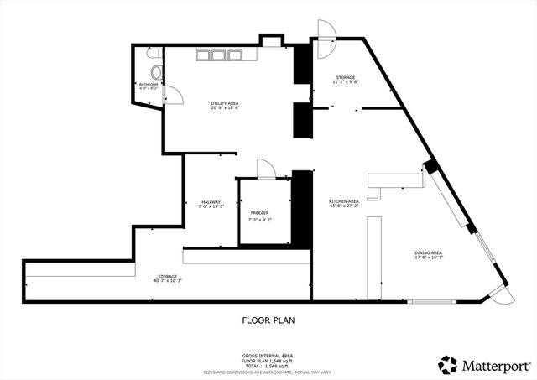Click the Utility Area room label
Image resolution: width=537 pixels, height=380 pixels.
(224, 102)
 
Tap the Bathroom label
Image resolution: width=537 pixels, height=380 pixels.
(149, 84)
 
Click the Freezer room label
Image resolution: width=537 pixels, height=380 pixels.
(259, 213)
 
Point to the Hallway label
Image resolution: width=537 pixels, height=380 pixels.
(211, 201)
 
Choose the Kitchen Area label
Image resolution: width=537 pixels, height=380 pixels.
(344, 200)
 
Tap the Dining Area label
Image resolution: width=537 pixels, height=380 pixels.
(428, 252)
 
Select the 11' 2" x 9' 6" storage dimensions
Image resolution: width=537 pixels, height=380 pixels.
(346, 82)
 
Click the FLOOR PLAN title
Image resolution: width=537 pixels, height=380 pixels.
(268, 320)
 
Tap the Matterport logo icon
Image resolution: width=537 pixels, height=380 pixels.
(448, 365)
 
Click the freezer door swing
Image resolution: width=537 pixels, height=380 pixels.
(266, 169)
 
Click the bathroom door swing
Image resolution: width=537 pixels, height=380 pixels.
(169, 95)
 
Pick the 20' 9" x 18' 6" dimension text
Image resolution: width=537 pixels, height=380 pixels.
(224, 108)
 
